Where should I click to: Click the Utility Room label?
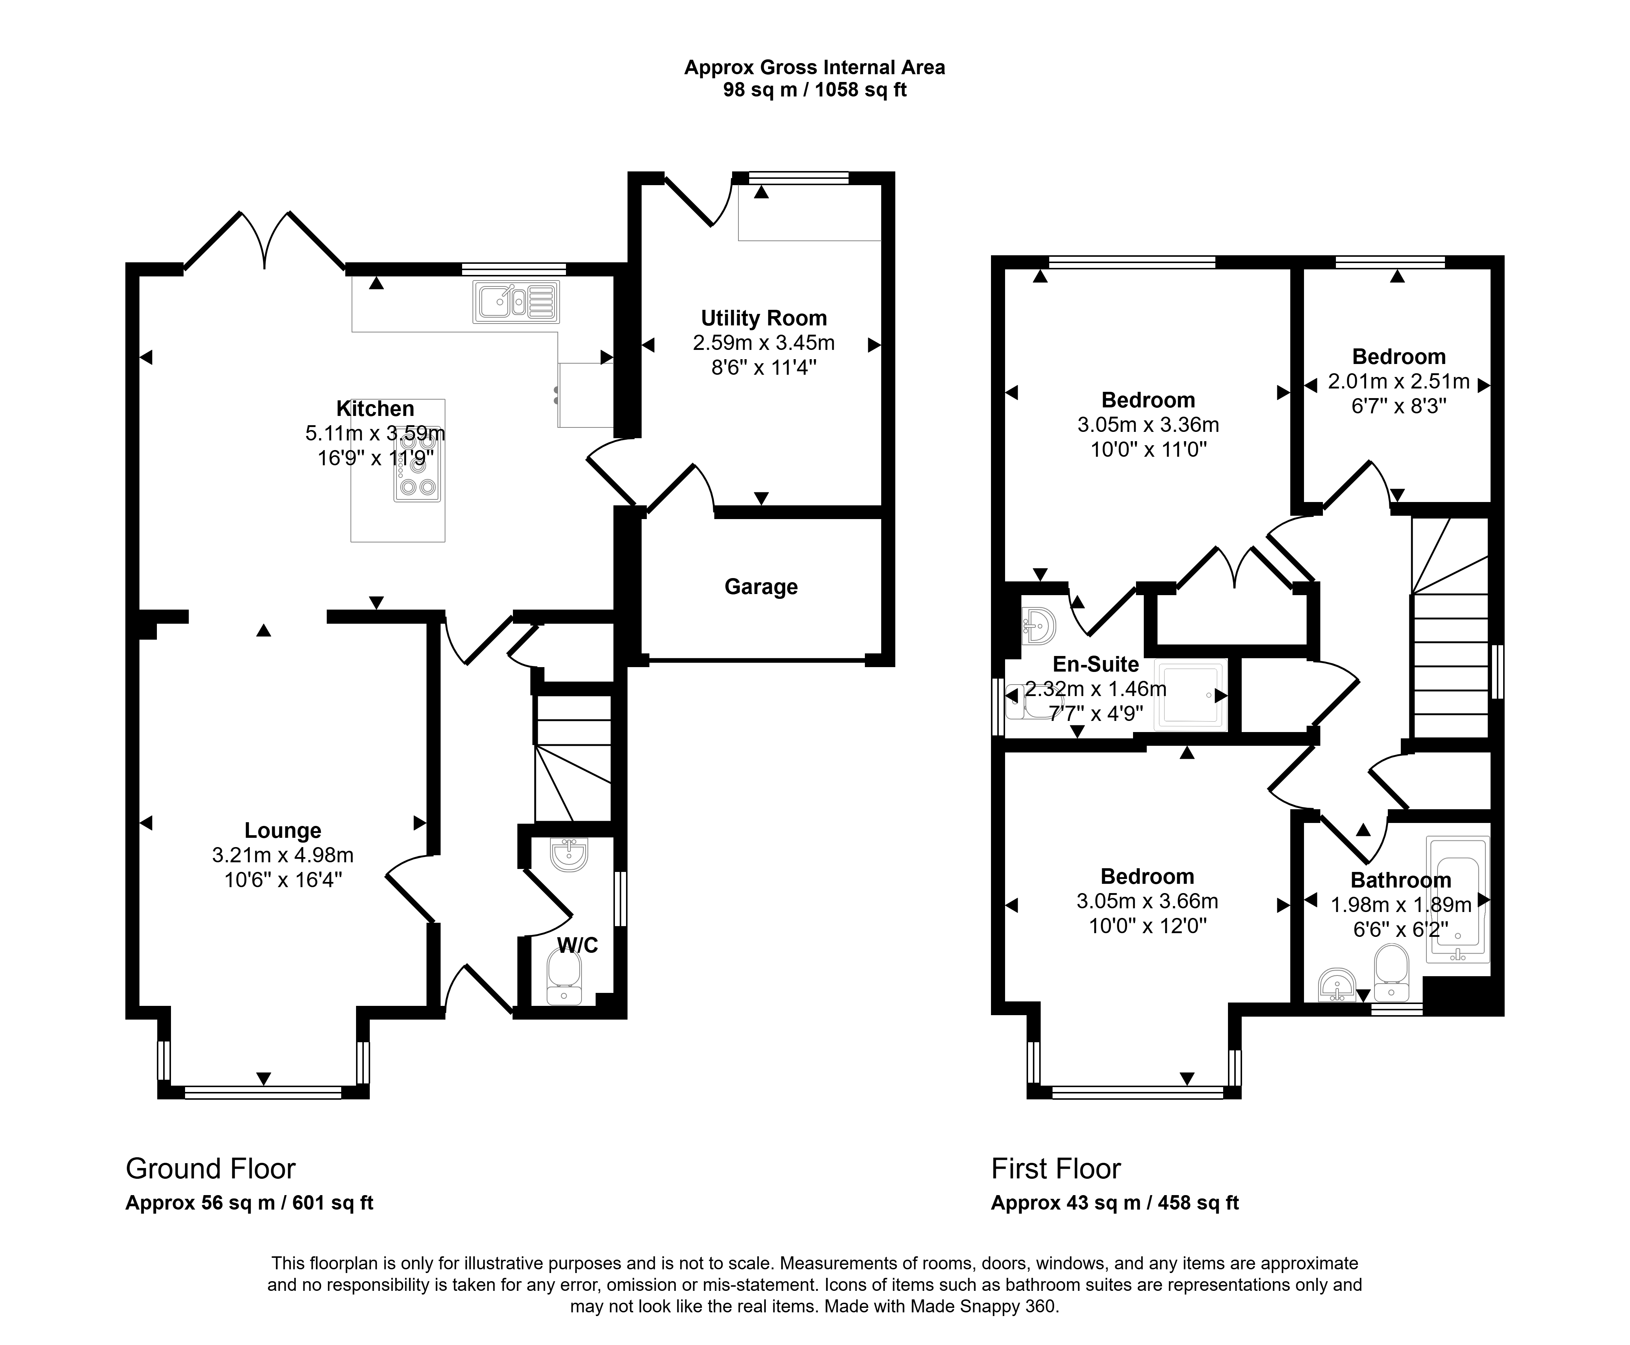764,318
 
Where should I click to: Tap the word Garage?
761,587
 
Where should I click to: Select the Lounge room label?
283,830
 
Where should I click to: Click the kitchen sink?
516,301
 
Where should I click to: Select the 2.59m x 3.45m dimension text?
764,342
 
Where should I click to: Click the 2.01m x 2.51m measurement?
1399,381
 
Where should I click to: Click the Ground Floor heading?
211,1168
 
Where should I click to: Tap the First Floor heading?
1056,1168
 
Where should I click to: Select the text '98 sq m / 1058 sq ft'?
814,90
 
